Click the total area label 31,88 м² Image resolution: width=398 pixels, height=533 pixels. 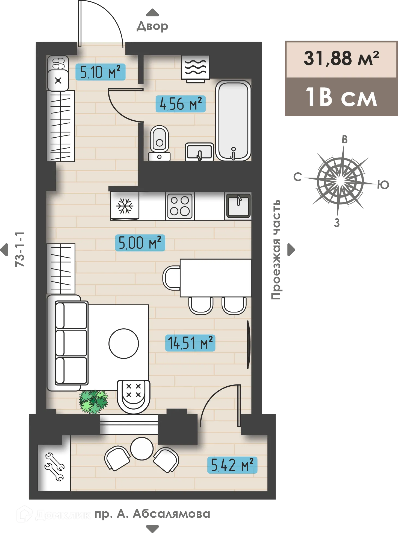click(x=341, y=58)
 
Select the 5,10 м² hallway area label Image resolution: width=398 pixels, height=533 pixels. click(x=100, y=72)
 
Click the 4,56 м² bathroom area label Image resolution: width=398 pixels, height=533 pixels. click(x=180, y=104)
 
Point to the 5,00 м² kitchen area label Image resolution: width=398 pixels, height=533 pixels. click(x=140, y=243)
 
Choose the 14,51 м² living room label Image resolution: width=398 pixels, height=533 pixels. click(x=190, y=343)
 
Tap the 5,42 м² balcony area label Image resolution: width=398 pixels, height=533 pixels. click(x=232, y=465)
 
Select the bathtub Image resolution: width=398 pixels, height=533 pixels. click(x=233, y=120)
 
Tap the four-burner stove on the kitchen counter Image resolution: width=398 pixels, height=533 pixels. click(x=180, y=206)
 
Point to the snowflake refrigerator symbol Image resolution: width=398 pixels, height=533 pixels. click(x=125, y=206)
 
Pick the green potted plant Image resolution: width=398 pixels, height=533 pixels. click(x=93, y=401)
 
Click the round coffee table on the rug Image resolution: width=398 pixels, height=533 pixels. click(x=123, y=343)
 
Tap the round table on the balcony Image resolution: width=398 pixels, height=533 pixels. click(x=141, y=449)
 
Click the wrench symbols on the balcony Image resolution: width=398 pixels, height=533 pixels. click(x=54, y=467)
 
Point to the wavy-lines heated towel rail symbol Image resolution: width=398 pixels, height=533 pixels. click(x=196, y=67)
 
